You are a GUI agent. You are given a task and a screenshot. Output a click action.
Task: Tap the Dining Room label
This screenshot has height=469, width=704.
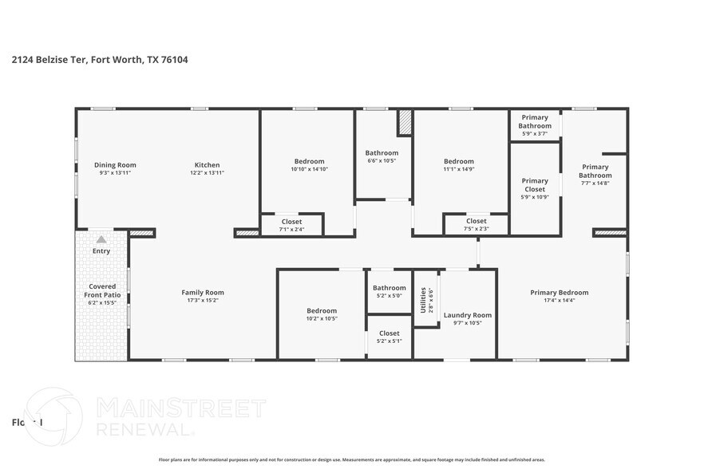click(115, 165)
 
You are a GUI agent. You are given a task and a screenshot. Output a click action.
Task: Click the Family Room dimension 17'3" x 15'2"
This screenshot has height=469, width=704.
click(203, 301)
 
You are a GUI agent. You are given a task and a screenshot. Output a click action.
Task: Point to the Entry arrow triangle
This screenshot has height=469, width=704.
click(101, 238)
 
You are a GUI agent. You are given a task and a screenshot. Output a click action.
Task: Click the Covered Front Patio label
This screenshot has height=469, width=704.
click(102, 290)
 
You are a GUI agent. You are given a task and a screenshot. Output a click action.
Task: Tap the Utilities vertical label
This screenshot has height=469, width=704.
click(423, 300)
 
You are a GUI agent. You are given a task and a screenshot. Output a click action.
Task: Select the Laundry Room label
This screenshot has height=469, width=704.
click(467, 315)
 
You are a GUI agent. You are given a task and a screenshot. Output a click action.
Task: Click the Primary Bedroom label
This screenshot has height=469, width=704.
click(559, 293)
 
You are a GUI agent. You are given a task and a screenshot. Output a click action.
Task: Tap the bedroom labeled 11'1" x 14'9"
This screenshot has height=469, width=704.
click(458, 161)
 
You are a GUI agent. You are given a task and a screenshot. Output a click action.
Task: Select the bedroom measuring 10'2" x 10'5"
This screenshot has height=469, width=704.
click(322, 311)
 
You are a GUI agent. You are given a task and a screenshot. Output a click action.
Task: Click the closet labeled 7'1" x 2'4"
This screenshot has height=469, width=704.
click(291, 222)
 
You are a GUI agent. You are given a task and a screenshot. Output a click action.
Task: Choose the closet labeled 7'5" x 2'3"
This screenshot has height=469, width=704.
click(476, 221)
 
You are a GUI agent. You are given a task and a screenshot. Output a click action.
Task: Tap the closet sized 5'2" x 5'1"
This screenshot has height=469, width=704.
click(390, 333)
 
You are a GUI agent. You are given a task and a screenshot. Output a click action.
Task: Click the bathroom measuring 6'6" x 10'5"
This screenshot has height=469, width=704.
click(382, 153)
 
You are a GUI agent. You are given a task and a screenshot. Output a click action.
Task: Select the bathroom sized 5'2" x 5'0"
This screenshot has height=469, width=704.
click(390, 288)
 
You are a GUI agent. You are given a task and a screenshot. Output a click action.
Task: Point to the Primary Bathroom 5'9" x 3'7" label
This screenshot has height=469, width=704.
click(535, 121)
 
